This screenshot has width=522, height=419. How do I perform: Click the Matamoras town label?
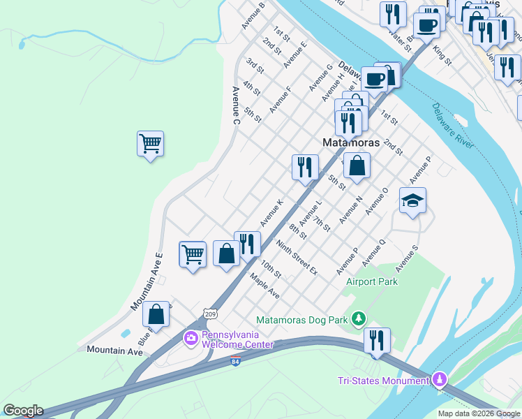[x=352, y=142]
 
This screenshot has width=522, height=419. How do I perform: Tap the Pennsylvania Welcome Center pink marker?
[x=191, y=339]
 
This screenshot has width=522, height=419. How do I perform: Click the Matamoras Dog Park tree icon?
[x=358, y=319]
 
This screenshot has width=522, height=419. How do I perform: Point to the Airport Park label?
[x=372, y=282]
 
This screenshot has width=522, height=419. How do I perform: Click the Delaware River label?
[x=452, y=126]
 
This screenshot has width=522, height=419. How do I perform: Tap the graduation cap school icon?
[x=412, y=201]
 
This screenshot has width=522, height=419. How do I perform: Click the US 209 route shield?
[x=210, y=314]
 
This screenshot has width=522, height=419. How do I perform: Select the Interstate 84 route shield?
[x=235, y=362]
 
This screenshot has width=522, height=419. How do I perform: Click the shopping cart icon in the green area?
[x=150, y=144]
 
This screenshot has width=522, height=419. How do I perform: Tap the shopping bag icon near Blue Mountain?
[x=156, y=315]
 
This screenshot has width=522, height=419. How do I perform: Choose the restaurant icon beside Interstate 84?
[x=377, y=340]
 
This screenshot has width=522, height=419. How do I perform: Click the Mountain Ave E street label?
[x=147, y=281]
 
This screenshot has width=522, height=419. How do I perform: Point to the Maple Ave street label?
[x=264, y=286]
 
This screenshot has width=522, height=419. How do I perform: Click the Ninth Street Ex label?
[x=297, y=258]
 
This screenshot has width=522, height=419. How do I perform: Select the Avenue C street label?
[x=236, y=106]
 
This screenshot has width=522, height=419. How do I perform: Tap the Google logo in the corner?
[x=22, y=411]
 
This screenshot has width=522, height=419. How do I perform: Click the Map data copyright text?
[x=479, y=413]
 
